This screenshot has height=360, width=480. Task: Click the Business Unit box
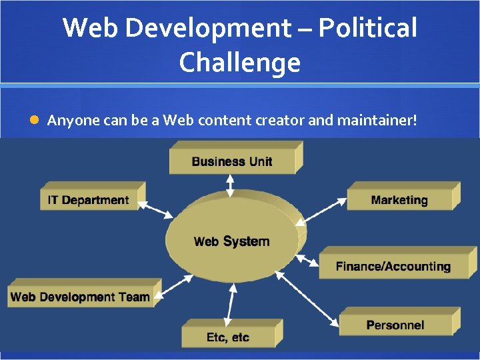click(x=232, y=161)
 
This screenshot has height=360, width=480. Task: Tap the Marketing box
click(x=399, y=200)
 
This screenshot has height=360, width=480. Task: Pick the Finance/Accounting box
click(x=393, y=266)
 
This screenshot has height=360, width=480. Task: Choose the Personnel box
click(x=395, y=325)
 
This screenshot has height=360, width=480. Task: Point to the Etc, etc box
click(x=227, y=337)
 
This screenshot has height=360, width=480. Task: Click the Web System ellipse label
click(x=231, y=241)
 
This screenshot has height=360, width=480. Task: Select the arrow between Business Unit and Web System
click(x=230, y=185)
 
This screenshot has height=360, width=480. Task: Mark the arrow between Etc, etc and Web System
click(x=231, y=304)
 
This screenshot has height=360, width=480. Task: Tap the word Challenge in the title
click(x=240, y=63)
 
